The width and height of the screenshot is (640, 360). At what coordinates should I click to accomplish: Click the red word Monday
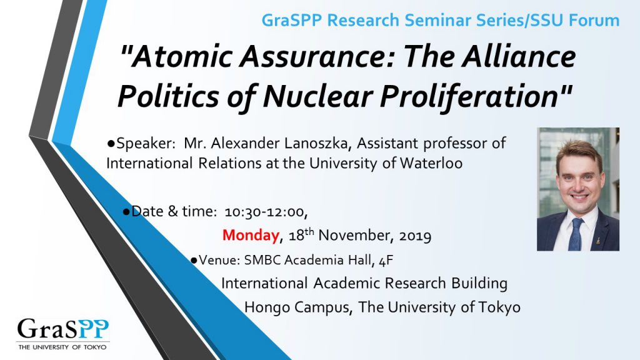tap(251, 235)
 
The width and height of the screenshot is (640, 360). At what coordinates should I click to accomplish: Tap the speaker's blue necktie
tap(576, 235)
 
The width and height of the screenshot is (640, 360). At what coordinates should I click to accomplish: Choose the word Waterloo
tap(431, 163)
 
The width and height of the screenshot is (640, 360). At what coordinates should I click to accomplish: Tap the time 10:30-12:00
tap(266, 212)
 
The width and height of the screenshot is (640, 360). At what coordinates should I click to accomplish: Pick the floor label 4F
tap(386, 260)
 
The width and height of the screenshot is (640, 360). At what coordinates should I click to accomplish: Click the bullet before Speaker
tap(111, 143)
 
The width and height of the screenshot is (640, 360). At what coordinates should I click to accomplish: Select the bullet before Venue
tap(194, 260)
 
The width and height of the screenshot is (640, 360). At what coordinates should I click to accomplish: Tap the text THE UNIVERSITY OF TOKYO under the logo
tap(62, 347)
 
